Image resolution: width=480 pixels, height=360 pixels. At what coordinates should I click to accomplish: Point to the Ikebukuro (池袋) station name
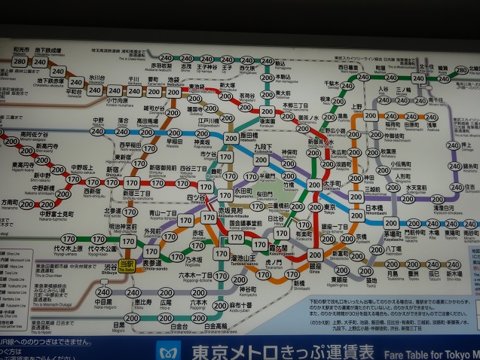pyautogui.click(x=173, y=80)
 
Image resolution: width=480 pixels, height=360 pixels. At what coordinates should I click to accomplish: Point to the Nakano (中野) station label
pyautogui.click(x=98, y=120)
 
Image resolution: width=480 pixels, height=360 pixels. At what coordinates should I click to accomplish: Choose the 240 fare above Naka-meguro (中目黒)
pyautogui.click(x=103, y=292)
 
